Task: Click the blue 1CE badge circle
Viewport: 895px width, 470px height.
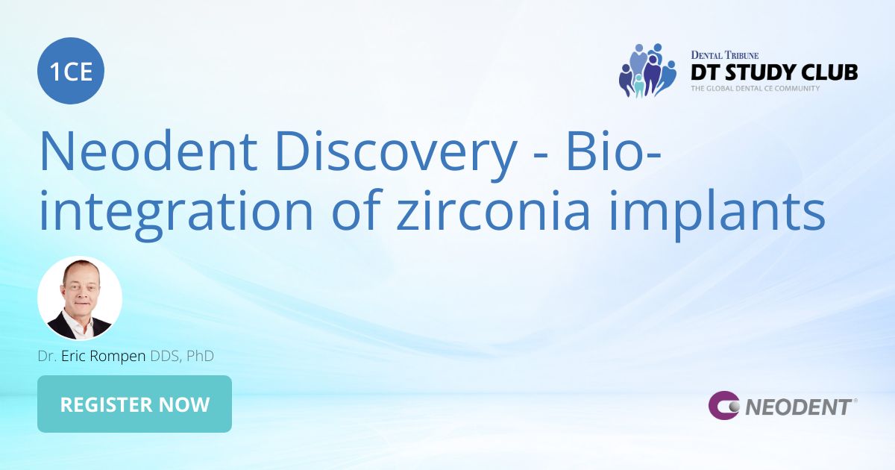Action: coord(71,72)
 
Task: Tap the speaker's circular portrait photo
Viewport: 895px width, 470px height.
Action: coord(80,298)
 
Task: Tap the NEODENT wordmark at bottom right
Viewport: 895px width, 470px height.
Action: coord(798,407)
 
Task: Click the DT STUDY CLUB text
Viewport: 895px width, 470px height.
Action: coord(773,72)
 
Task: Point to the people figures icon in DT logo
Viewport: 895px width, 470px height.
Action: coord(647,71)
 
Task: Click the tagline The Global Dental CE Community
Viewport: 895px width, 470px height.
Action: coord(755,88)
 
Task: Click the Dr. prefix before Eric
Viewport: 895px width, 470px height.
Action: coord(47,356)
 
